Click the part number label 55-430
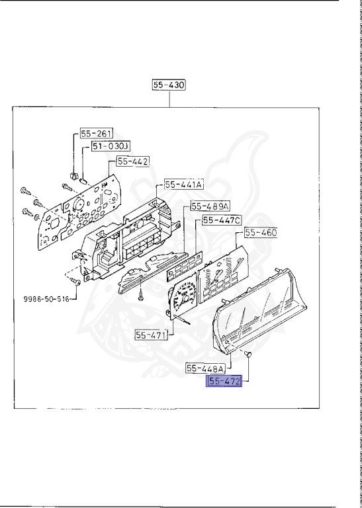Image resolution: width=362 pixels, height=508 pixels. click(169, 85)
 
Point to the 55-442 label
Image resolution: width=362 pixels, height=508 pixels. click(133, 161)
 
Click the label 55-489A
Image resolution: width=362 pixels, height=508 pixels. click(208, 206)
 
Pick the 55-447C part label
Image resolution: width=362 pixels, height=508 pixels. click(222, 220)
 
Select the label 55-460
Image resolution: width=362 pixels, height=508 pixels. click(261, 233)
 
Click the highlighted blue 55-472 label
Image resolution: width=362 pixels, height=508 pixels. click(224, 382)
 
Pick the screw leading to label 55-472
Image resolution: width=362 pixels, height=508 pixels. click(248, 356)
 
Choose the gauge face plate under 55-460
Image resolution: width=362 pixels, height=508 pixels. click(218, 278)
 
